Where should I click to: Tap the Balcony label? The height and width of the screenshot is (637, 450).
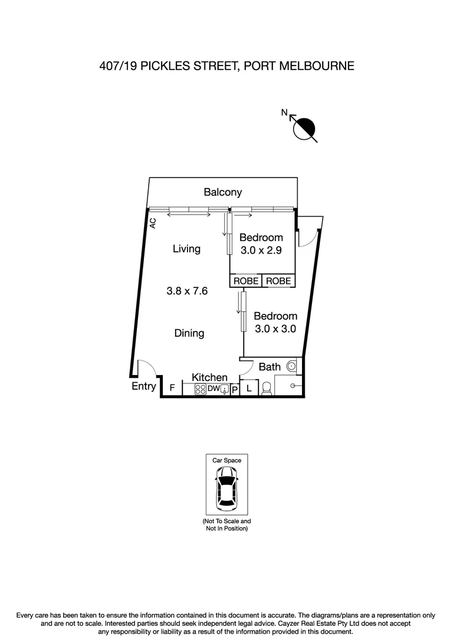[x=222, y=192]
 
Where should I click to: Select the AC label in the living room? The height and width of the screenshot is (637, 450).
[x=152, y=223]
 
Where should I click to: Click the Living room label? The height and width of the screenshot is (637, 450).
[x=186, y=249]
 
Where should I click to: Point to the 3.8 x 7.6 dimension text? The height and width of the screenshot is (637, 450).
[x=187, y=291]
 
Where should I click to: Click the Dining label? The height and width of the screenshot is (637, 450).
[x=189, y=333]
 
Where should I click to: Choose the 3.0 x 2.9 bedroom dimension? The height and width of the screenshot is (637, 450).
[x=261, y=250]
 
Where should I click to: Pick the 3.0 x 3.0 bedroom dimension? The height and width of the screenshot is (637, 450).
[x=275, y=329]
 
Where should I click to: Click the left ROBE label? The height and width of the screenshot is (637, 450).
[x=246, y=281]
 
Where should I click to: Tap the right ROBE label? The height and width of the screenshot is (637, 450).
[x=278, y=281]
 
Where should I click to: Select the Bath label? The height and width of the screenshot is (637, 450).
[x=270, y=367]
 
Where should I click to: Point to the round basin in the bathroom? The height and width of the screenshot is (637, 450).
[x=291, y=366]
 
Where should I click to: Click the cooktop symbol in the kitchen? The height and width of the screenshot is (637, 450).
[x=199, y=389]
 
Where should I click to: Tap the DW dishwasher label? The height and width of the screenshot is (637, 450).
[x=213, y=389]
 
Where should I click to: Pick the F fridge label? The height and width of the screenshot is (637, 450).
[x=172, y=388]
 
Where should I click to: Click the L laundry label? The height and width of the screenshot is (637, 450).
[x=249, y=388]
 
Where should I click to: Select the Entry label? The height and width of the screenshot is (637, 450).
[x=144, y=387]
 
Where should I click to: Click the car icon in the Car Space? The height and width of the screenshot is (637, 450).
[x=226, y=488]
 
